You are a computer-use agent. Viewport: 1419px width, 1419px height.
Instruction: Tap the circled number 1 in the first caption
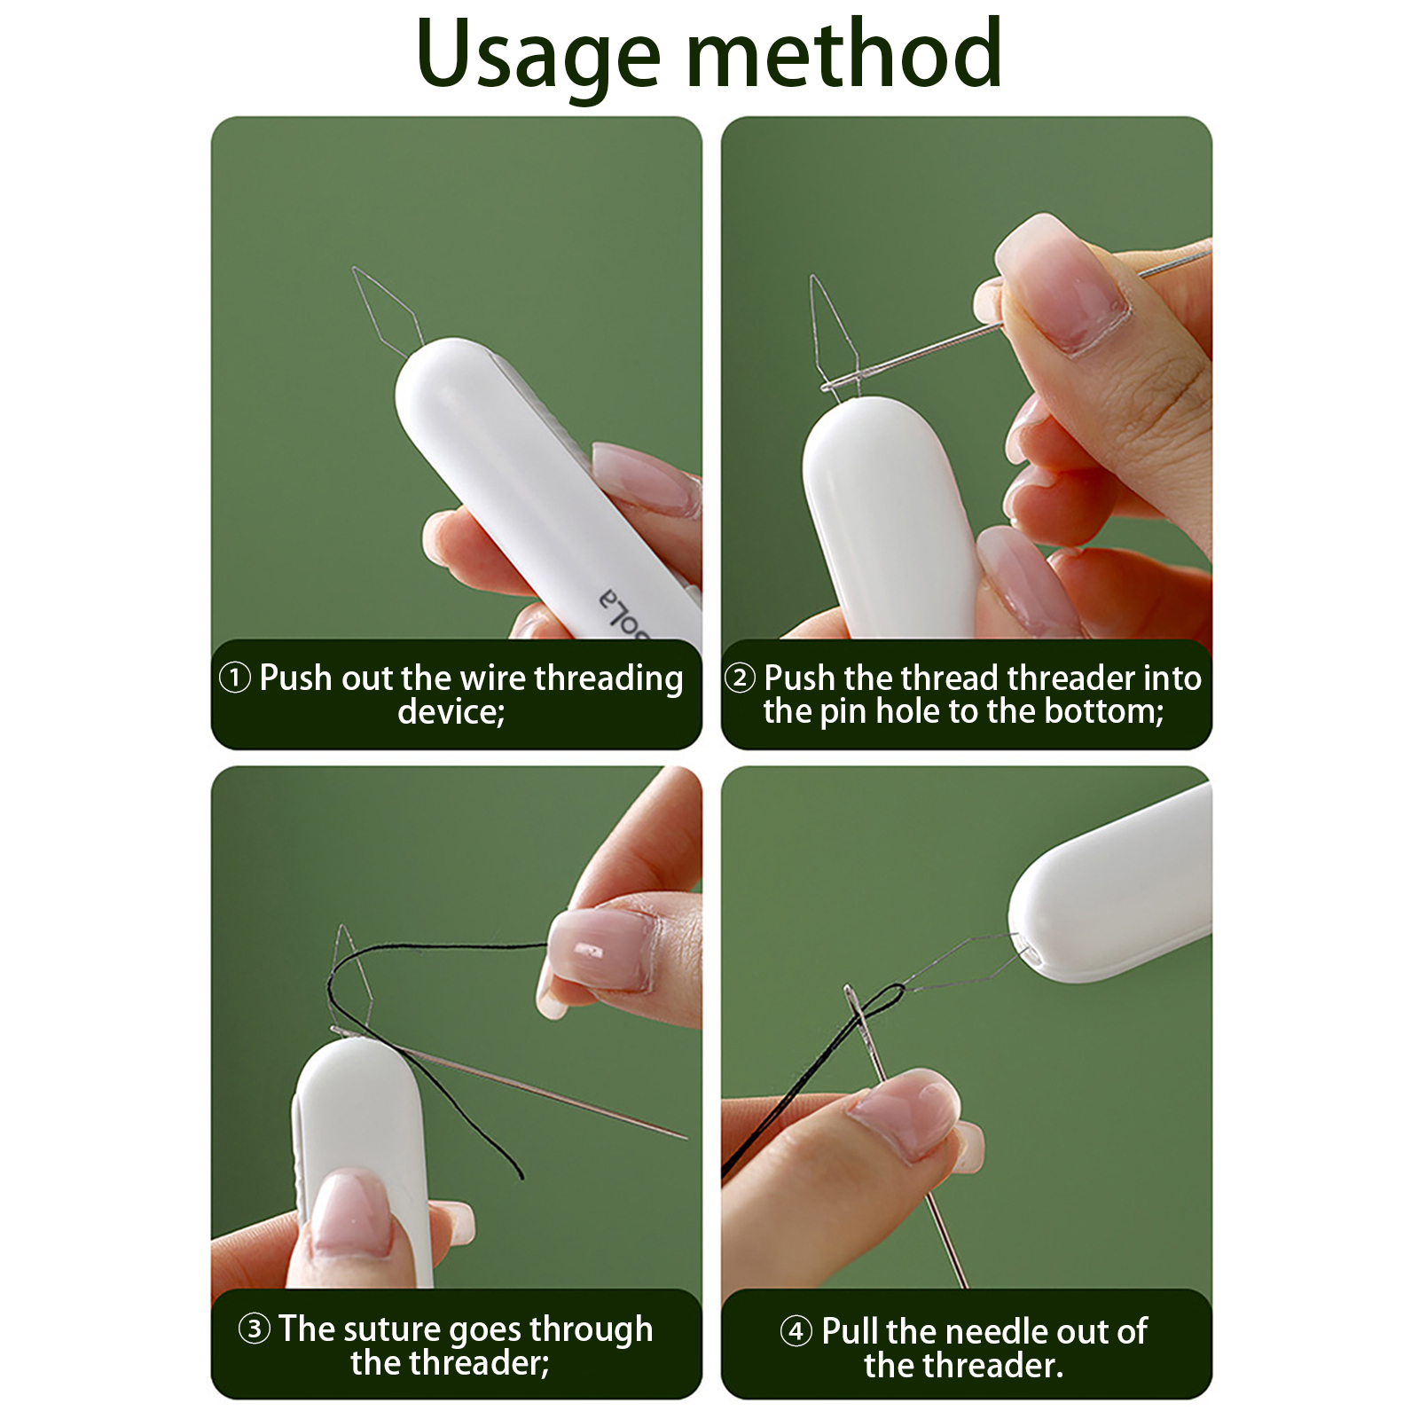[235, 678]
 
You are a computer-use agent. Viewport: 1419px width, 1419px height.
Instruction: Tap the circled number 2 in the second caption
[740, 678]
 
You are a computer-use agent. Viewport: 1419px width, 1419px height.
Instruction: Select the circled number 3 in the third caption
[255, 1329]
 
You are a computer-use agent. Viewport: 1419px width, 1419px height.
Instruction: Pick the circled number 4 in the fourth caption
[796, 1331]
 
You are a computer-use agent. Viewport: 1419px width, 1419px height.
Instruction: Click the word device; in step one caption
[451, 711]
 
